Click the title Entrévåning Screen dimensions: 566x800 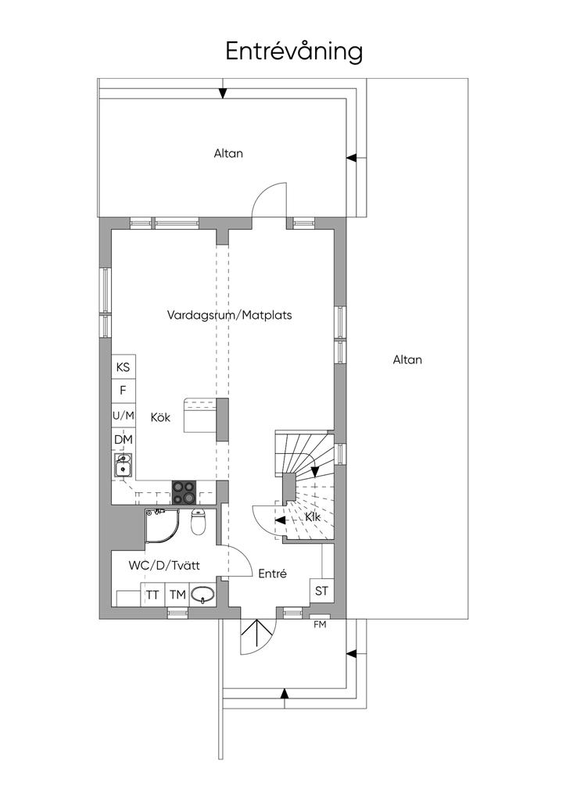[x=294, y=52]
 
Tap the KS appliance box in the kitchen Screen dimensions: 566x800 [x=124, y=367]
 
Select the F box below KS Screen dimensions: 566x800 [x=124, y=391]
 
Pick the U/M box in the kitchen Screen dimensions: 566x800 [x=124, y=416]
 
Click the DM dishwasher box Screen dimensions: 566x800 [x=124, y=440]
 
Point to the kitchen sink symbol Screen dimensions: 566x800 [x=124, y=466]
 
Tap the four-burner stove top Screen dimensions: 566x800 [x=184, y=493]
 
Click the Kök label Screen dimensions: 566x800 [x=160, y=417]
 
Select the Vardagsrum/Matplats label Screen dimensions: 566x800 [x=230, y=315]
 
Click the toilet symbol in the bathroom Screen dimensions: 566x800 [x=198, y=521]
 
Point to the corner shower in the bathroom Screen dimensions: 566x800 [x=162, y=526]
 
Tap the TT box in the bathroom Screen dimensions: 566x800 [x=152, y=595]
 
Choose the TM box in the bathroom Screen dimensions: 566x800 [x=177, y=595]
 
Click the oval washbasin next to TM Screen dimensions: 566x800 [x=202, y=595]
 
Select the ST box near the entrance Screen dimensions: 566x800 [x=321, y=591]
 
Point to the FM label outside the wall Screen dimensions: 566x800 [x=320, y=624]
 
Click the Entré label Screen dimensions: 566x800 [x=273, y=573]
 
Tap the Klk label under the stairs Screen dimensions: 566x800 [x=313, y=517]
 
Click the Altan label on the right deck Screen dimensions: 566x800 [x=407, y=359]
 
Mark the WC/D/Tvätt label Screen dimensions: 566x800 [x=164, y=566]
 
